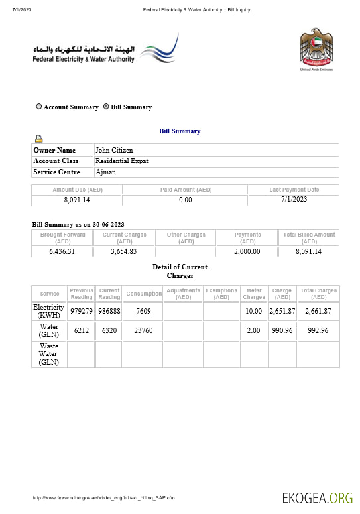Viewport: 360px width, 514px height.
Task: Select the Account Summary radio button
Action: [39, 107]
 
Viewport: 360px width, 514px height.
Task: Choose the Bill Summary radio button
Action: [106, 107]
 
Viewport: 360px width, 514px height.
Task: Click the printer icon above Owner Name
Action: [39, 139]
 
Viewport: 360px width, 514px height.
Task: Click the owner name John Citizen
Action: [114, 151]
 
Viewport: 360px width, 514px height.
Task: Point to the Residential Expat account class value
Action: [122, 161]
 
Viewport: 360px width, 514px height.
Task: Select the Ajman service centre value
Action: [106, 172]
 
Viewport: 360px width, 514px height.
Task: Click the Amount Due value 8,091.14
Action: [77, 200]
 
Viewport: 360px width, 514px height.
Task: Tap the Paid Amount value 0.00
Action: [186, 200]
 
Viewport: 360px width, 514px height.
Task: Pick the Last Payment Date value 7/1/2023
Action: [294, 199]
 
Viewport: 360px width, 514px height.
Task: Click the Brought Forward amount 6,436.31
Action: [62, 252]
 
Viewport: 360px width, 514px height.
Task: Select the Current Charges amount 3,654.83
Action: [124, 252]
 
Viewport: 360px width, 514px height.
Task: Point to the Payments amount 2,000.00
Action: [247, 252]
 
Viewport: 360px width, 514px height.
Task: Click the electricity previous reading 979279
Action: [82, 312]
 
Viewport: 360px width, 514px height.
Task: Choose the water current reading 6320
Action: [109, 331]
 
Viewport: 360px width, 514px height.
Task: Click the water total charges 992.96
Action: [318, 331]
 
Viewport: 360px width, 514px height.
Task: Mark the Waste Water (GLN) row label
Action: [49, 354]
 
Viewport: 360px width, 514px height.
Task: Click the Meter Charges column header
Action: [254, 294]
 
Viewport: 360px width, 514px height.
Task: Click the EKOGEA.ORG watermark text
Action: [317, 497]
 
